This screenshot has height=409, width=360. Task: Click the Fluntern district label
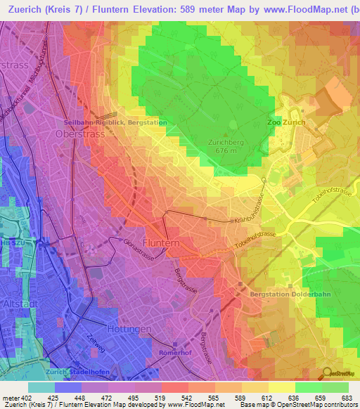[161, 242]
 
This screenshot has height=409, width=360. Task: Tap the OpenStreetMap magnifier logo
[327, 373]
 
